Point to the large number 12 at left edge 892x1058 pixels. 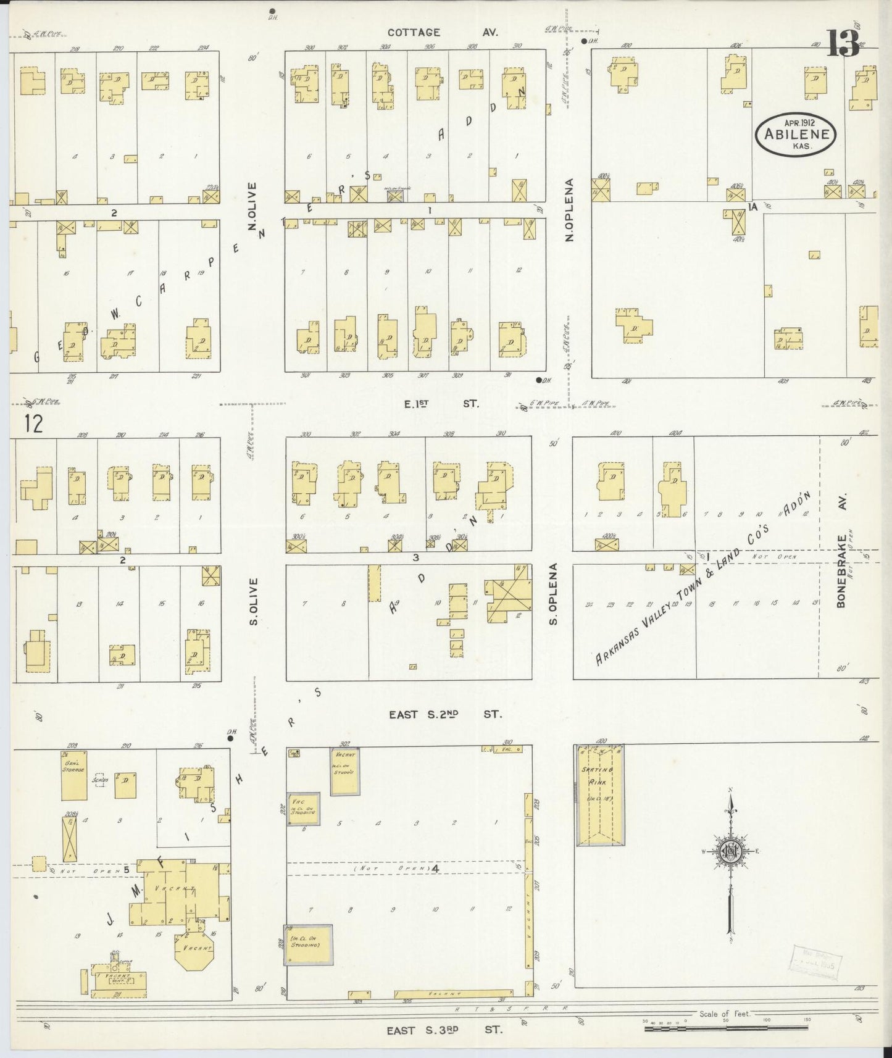(35, 424)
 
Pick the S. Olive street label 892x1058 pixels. (253, 601)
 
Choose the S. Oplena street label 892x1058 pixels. (553, 593)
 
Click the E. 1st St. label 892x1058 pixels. (441, 404)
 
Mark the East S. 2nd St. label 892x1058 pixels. (445, 714)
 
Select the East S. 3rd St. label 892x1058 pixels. (444, 1030)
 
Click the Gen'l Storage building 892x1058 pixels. (74, 775)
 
